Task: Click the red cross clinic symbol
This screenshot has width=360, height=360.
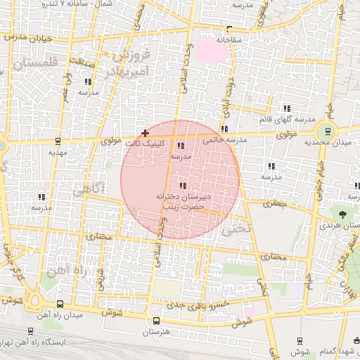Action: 146,133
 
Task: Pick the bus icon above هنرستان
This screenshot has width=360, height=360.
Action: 156,320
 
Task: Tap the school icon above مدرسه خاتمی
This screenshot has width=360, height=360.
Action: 224,129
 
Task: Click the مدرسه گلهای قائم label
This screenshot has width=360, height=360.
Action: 287,119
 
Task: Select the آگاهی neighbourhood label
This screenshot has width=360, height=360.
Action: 89,188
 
